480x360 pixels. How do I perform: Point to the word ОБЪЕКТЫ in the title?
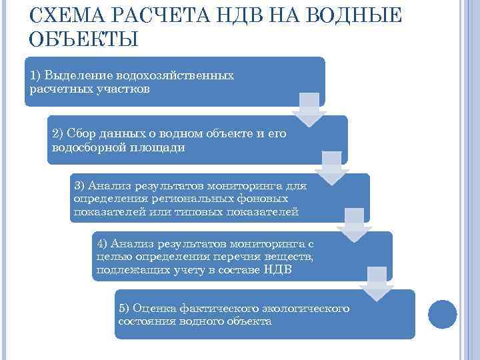click(x=84, y=39)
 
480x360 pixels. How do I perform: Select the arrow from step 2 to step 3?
click(x=331, y=167)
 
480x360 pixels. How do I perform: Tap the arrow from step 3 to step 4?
click(x=353, y=224)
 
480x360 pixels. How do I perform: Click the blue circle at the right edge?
click(x=441, y=313)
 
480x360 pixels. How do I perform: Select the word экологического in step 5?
click(x=306, y=308)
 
